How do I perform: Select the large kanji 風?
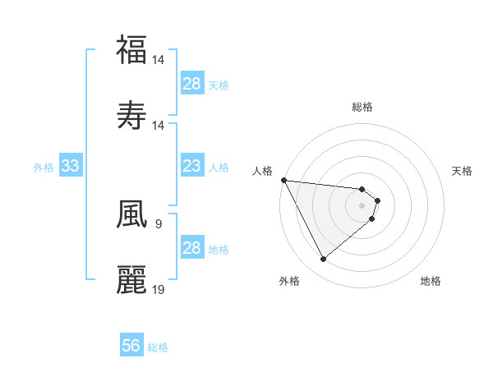pos(131,214)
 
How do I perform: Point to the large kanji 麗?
pos(131,279)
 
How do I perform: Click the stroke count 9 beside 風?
pos(158,223)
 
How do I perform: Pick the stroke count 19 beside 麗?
pos(159,289)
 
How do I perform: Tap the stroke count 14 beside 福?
pos(159,60)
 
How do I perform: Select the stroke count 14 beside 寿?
pos(159,126)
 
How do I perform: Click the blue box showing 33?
pos(71,166)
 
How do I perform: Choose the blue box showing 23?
pos(191,166)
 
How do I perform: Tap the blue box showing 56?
pos(131,347)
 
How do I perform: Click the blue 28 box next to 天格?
pos(191,84)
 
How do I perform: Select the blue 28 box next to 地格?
pos(191,248)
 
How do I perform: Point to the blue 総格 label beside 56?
pos(158,347)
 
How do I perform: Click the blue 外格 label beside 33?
pos(44,167)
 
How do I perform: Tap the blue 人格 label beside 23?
pos(219,167)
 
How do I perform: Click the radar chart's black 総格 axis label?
pos(362,107)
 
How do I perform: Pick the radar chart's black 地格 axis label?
pos(431,281)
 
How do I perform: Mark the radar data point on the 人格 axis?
pos(283,179)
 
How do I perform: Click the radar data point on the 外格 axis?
pos(323,260)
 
